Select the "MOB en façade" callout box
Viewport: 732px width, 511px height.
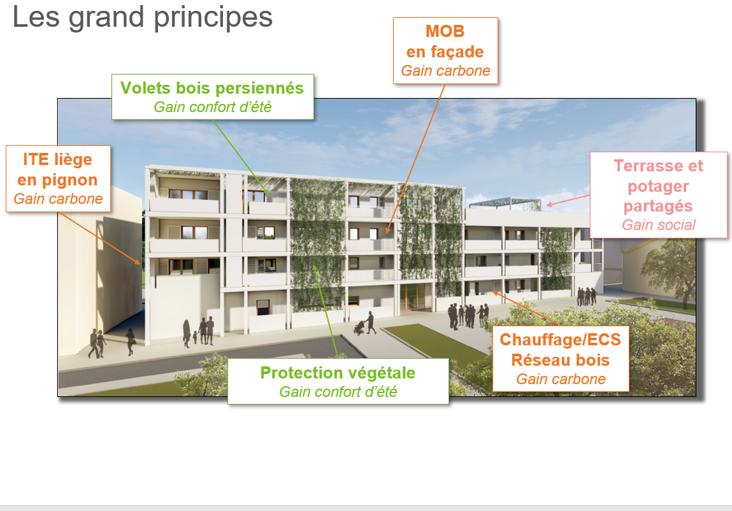[x=445, y=51]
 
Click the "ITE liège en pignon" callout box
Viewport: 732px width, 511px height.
[x=58, y=179]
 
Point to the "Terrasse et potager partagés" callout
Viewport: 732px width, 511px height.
[x=658, y=195]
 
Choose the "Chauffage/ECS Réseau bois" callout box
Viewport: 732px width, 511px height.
[x=561, y=359]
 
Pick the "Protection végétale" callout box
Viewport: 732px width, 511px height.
[x=338, y=381]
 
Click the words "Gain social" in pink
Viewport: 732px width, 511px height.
[x=658, y=225]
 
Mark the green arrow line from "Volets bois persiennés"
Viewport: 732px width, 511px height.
[x=241, y=157]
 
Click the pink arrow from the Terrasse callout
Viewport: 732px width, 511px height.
[x=568, y=200]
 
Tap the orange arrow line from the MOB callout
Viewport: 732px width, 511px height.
[x=415, y=159]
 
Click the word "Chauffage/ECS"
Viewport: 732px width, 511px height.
[x=560, y=340]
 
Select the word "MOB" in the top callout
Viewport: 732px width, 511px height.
[x=445, y=31]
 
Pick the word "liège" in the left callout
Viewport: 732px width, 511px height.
[x=72, y=160]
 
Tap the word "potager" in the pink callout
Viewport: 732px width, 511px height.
[x=658, y=187]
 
